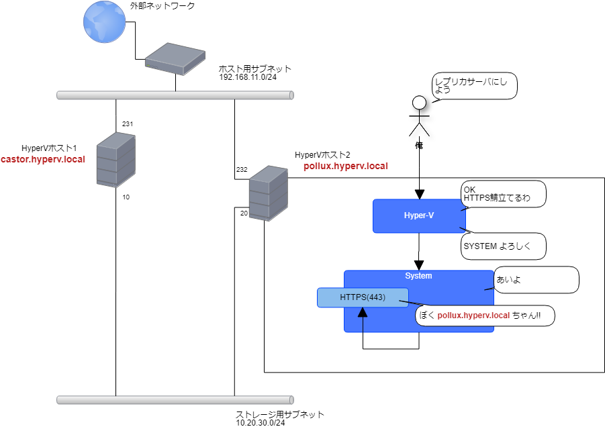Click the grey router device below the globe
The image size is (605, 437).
(x=175, y=58)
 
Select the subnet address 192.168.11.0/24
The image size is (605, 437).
(x=248, y=77)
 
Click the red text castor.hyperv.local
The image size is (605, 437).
(x=42, y=160)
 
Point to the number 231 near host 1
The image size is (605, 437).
(x=128, y=124)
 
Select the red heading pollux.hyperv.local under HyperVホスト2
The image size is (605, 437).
(x=346, y=166)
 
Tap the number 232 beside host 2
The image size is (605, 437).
(x=242, y=170)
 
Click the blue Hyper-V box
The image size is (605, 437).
(x=419, y=215)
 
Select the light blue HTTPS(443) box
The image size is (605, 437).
(x=363, y=297)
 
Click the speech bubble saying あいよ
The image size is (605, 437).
(x=536, y=280)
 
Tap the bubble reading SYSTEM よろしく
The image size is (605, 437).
(x=504, y=246)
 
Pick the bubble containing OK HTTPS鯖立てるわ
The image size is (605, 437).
(x=504, y=194)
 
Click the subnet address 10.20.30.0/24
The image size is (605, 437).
(x=261, y=423)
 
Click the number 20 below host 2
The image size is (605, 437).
(x=243, y=213)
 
